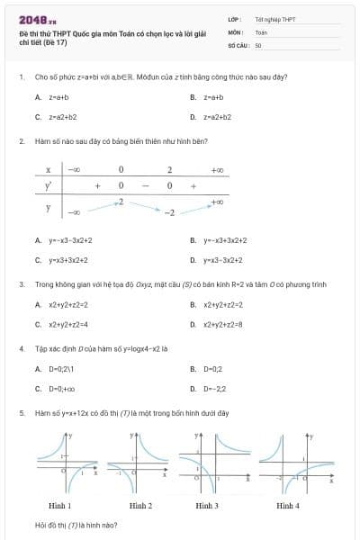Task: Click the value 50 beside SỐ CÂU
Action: tap(258, 44)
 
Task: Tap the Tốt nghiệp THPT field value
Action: tap(274, 19)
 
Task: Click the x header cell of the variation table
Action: tap(48, 169)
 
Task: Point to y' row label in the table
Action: tap(48, 185)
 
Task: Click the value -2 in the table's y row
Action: tap(167, 212)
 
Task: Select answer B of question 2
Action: tap(219, 240)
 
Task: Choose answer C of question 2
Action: tap(63, 259)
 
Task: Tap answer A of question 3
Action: tap(61, 305)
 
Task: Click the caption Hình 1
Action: tap(59, 506)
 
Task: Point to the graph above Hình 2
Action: tap(139, 463)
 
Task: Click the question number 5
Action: tap(21, 412)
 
